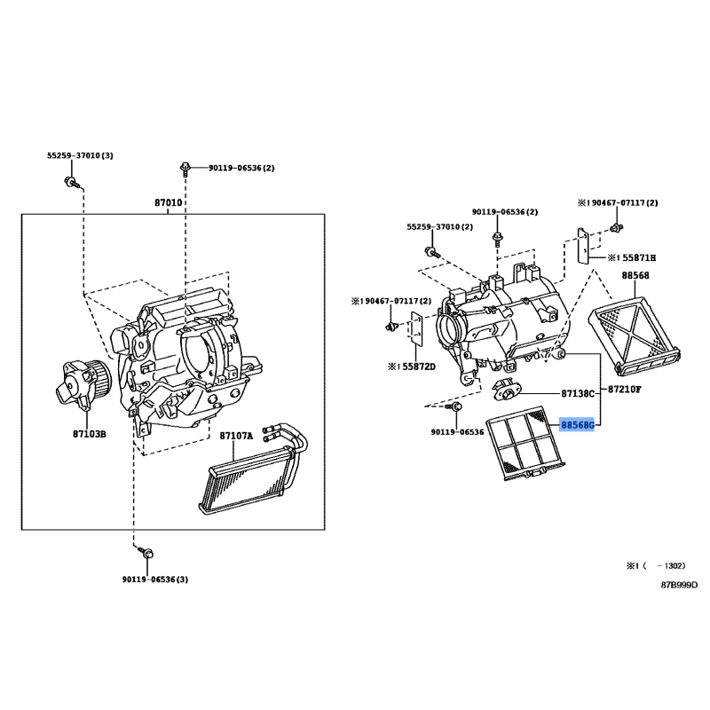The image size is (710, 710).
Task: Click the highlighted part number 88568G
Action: tap(578, 425)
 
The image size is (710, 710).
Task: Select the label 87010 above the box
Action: tap(169, 202)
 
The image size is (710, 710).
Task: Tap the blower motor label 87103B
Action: tap(90, 434)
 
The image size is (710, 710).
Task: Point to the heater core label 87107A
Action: tap(236, 436)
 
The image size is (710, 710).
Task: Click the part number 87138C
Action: tap(578, 393)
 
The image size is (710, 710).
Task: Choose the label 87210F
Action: tap(625, 389)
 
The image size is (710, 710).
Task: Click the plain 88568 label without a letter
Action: tap(635, 275)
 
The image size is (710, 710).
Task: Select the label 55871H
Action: tap(632, 257)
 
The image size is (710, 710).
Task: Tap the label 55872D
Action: tap(412, 367)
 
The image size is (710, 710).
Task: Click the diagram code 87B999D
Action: tap(679, 585)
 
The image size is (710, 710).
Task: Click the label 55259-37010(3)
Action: tap(80, 155)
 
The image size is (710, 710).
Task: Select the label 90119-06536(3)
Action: tap(154, 580)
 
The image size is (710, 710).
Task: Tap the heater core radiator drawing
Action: tap(253, 471)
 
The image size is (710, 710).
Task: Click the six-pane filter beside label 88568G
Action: tap(525, 443)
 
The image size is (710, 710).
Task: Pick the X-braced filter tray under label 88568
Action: tap(634, 335)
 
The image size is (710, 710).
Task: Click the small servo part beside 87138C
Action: tap(507, 390)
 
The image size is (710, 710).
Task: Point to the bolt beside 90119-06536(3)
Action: tap(146, 552)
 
